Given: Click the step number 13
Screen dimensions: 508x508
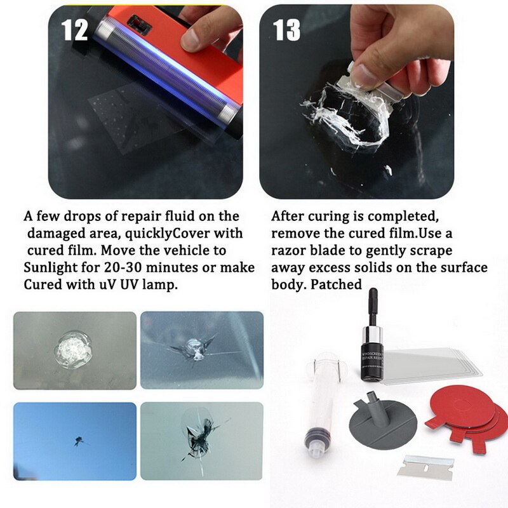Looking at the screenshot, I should (x=286, y=29).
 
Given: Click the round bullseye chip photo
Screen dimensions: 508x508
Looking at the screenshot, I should (x=75, y=350).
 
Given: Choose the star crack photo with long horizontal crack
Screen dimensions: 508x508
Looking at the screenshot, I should (x=201, y=350).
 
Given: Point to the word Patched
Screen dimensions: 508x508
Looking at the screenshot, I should (x=337, y=284).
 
